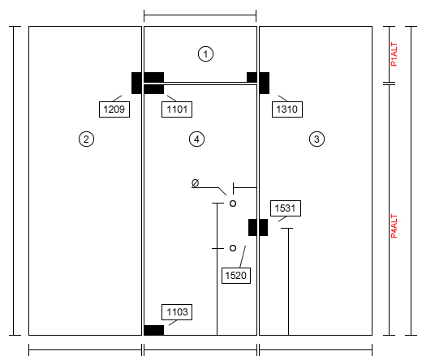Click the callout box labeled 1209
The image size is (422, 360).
click(x=114, y=109)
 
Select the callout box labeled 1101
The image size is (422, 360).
click(x=177, y=109)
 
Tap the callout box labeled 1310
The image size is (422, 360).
click(x=287, y=109)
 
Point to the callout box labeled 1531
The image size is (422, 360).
click(x=286, y=208)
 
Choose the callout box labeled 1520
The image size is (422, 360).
click(x=236, y=276)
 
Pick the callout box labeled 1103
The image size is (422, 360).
click(x=177, y=312)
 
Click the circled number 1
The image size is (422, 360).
click(x=205, y=54)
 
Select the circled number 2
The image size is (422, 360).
click(x=86, y=139)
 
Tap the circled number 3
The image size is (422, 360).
click(x=316, y=139)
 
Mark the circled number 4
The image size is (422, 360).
click(x=196, y=139)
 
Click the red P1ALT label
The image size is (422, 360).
click(x=394, y=54)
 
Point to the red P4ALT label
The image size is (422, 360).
click(x=394, y=226)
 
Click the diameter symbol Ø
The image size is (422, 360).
click(x=196, y=183)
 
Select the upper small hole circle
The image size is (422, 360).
click(x=233, y=204)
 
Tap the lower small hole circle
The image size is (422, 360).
click(x=233, y=248)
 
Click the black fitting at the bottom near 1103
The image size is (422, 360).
click(x=153, y=330)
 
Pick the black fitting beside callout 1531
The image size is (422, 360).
click(x=258, y=227)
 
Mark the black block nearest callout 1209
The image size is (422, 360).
click(x=136, y=83)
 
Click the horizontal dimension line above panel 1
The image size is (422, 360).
click(x=200, y=15)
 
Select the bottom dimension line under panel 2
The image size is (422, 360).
click(x=85, y=349)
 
